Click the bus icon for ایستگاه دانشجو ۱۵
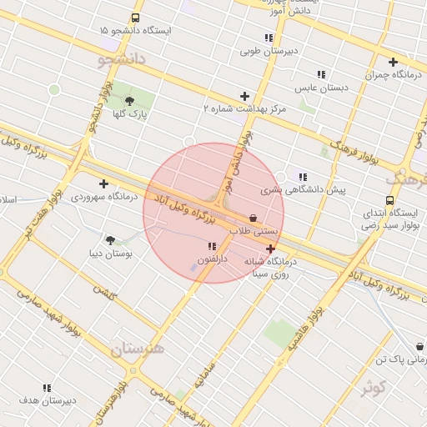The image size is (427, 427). [136, 18]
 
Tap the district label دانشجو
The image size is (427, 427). [122, 59]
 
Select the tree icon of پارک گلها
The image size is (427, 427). [128, 101]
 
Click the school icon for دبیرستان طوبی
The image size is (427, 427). [269, 38]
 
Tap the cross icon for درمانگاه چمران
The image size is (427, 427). [393, 61]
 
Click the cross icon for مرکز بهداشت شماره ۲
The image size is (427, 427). [244, 96]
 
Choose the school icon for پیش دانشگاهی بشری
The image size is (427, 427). [302, 177]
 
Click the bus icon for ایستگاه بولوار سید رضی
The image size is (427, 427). [389, 201]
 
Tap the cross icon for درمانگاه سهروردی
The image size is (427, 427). [103, 183]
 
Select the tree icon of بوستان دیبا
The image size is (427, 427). [110, 239]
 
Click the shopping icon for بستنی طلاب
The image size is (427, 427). [253, 217]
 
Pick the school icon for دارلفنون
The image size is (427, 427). [212, 246]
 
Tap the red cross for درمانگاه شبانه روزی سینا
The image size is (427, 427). [271, 249]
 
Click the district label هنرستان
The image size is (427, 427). [138, 347]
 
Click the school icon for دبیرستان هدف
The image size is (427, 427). [48, 388]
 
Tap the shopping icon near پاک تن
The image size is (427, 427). [419, 347]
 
